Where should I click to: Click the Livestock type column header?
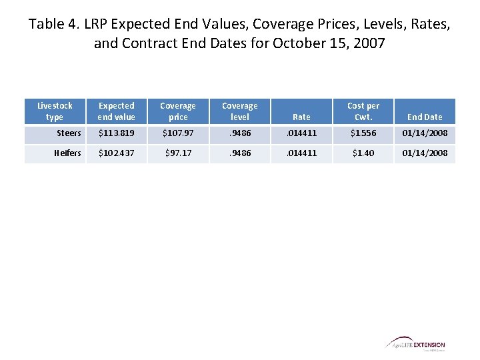tap(55, 111)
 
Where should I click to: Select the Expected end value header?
tap(117, 111)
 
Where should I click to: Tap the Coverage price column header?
tap(178, 111)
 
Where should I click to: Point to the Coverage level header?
tap(239, 111)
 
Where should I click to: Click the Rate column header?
tap(301, 117)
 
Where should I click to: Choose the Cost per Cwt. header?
tap(363, 111)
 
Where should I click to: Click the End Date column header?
tap(425, 117)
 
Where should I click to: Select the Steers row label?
tap(69, 133)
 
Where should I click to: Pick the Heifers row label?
tap(67, 153)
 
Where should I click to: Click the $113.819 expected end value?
tap(117, 133)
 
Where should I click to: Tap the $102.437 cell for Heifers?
tap(117, 153)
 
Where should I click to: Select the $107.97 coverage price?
tap(178, 133)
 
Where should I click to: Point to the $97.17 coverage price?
tap(178, 153)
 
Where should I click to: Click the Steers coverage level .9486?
tap(239, 133)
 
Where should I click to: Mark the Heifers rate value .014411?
tap(301, 153)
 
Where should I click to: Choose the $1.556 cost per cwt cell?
tap(363, 133)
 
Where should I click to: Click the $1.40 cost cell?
tap(363, 153)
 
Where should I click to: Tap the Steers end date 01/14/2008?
tap(425, 133)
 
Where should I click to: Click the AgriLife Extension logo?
tap(415, 343)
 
